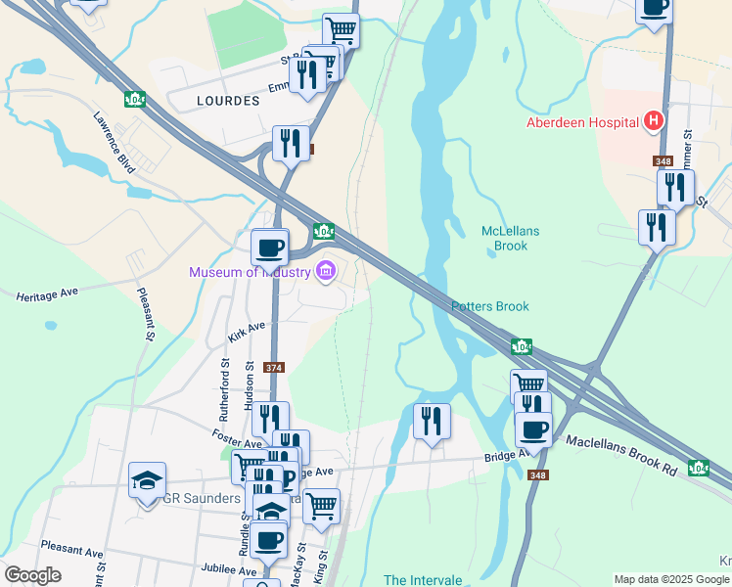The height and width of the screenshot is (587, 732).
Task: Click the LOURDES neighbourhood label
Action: tap(227, 101)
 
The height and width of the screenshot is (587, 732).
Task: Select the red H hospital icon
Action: tap(654, 122)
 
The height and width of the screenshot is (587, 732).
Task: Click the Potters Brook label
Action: tap(489, 306)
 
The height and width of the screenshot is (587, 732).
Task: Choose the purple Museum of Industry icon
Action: tap(326, 271)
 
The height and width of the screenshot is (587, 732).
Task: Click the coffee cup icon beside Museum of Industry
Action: tap(270, 247)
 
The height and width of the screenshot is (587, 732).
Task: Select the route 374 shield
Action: tap(274, 368)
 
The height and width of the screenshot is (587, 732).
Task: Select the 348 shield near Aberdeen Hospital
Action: tap(663, 160)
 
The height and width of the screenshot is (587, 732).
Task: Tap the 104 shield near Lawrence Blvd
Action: tap(135, 99)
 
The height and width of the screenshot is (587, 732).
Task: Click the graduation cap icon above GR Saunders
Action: tap(147, 480)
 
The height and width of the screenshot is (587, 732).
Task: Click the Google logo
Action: tap(33, 575)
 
